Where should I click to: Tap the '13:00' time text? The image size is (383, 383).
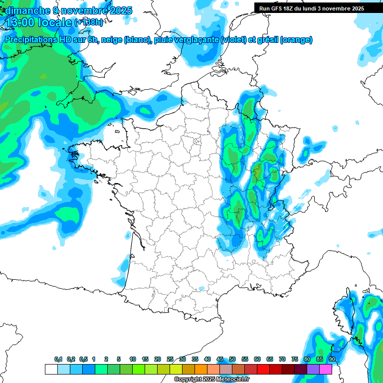[20, 22]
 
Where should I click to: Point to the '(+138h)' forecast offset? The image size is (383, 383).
[89, 22]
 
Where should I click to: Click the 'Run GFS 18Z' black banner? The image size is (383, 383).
[312, 8]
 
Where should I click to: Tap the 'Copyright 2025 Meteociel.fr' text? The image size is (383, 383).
[211, 380]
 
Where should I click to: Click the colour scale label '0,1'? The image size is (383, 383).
[58, 360]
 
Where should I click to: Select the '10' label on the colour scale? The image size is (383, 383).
[133, 360]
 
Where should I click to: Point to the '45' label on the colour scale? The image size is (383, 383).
[220, 360]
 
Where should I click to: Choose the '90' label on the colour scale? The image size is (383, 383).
[332, 360]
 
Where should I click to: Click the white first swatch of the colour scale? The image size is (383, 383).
[51, 369]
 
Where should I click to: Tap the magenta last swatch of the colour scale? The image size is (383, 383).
[326, 369]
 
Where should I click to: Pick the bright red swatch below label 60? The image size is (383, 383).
[263, 369]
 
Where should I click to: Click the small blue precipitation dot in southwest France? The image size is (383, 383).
[201, 288]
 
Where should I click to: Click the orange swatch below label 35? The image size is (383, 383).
[201, 369]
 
